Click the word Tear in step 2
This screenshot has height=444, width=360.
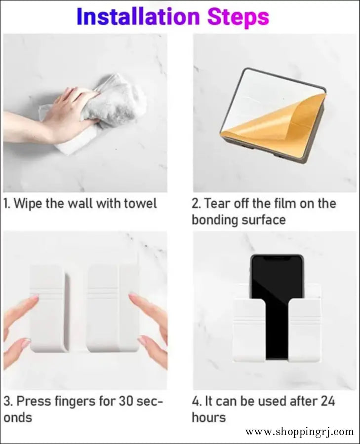[x=217, y=203]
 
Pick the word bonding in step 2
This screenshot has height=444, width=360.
[x=214, y=220]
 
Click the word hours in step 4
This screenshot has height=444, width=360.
[x=208, y=417]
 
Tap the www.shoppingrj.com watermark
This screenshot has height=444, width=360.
[x=299, y=432]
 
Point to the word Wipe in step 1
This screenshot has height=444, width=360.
[x=29, y=203]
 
